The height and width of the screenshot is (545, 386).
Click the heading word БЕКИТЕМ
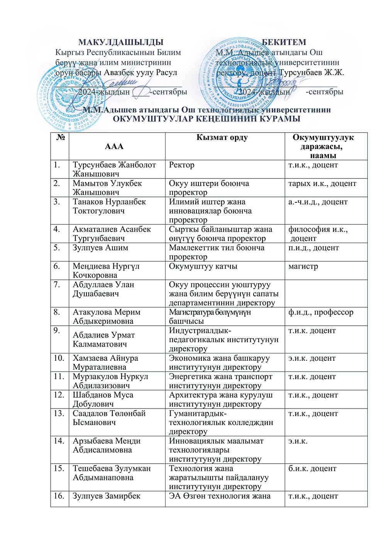[x=284, y=42]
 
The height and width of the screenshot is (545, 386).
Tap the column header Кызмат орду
[x=222, y=138]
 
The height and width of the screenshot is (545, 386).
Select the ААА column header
[x=114, y=146]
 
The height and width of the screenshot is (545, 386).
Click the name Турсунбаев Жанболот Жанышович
[x=114, y=169]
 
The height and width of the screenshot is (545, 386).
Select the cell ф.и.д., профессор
[x=320, y=312]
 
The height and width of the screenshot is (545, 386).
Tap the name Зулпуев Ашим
[x=100, y=248]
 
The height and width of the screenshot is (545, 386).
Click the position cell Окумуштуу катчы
[x=203, y=266]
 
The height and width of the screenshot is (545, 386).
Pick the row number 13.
[x=59, y=414]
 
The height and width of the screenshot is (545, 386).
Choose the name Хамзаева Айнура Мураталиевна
[x=105, y=362]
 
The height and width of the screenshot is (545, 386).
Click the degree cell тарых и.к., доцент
[x=322, y=183]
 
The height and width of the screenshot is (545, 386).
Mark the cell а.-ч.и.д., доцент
[x=318, y=202]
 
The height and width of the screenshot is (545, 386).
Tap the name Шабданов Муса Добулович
[x=103, y=399]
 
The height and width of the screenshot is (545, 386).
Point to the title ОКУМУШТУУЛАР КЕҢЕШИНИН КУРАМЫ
[x=207, y=119]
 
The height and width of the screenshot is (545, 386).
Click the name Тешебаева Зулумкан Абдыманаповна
[x=112, y=473]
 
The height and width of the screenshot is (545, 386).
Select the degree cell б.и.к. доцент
[x=312, y=469]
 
